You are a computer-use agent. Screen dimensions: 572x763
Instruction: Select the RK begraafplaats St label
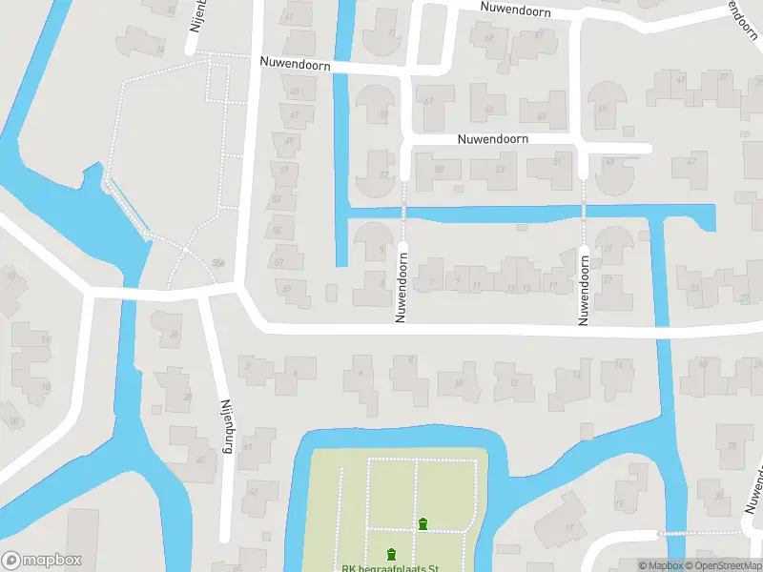coord(389,569)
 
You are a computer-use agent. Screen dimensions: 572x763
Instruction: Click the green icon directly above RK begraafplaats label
coord(391,554)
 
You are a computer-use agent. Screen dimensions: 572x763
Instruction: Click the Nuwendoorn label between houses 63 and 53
coord(492,138)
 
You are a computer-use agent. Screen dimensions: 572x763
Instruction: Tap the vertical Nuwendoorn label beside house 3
coord(402,281)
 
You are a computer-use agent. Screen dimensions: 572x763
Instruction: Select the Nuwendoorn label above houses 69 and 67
coord(515,8)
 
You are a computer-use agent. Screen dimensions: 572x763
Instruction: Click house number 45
coord(296,92)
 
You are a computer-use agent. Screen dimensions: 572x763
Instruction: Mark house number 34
coord(159,49)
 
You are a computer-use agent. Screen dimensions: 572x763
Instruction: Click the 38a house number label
coord(218,263)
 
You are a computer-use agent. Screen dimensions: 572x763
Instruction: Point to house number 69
coord(489,38)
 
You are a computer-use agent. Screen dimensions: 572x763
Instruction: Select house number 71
coord(391,34)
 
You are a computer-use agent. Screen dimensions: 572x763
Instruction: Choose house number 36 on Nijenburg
coord(174,334)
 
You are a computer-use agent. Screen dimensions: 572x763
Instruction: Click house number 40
coord(200,460)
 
